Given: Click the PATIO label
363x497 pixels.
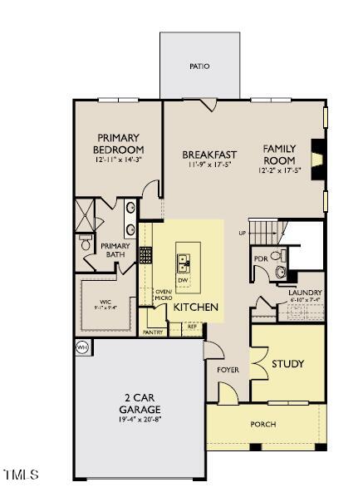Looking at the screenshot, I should click(199, 66).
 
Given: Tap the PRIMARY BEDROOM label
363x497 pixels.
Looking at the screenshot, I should click(120, 144).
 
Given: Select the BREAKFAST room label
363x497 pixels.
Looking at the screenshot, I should click(209, 155).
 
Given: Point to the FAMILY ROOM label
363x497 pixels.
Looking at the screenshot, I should click(279, 154).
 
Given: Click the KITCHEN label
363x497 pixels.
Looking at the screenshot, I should click(195, 308).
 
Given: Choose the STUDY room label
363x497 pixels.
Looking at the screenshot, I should click(287, 364).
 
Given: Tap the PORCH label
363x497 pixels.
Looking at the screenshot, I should click(263, 425).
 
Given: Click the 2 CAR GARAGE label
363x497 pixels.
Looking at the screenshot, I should click(138, 404).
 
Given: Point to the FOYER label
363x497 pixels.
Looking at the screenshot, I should click(228, 369).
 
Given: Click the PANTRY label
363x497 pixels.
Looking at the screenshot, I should click(153, 332).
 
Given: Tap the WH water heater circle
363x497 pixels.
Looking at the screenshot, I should click(82, 347).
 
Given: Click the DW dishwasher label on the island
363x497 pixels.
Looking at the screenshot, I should click(183, 280).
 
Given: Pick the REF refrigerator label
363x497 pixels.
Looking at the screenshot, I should click(192, 327).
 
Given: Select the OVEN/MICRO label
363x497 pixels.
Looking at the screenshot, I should click(163, 294).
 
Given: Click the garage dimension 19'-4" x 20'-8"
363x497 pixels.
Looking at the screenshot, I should click(138, 420).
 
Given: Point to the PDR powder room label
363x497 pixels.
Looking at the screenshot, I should click(260, 258).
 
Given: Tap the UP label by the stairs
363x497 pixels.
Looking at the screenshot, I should click(242, 232).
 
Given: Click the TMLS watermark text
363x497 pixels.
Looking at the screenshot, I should click(22, 475).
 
